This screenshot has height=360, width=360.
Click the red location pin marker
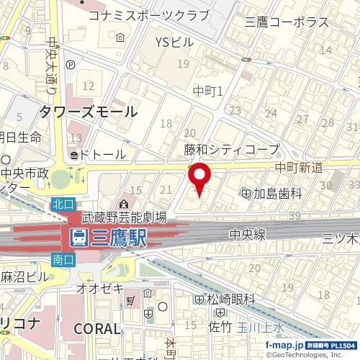click(199, 178)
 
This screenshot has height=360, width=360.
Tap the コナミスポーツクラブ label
click(148, 16)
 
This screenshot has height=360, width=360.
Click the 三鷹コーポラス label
click(287, 23)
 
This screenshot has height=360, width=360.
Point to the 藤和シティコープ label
click(231, 149)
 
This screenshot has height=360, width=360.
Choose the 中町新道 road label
click(298, 167)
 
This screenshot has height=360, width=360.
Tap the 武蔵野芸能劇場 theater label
click(124, 216)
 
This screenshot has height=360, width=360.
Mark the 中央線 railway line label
click(248, 233)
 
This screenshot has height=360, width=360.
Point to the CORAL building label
click(96, 328)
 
